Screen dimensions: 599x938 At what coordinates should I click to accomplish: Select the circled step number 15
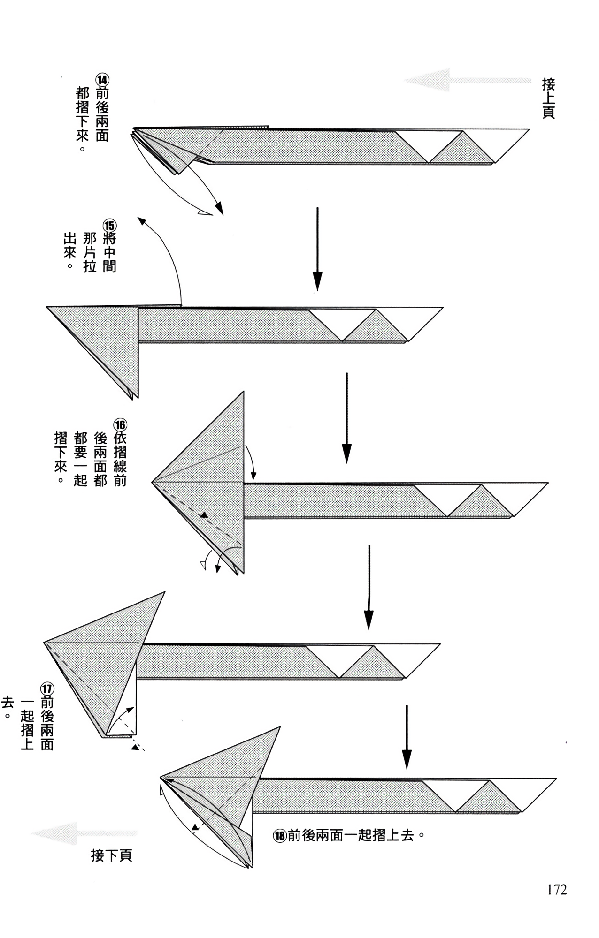coord(109,225)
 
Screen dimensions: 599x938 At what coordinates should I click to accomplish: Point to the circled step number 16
coord(120,425)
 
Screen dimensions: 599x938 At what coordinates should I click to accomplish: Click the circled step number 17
coord(47,690)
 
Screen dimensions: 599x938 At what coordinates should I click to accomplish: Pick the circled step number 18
coord(279,836)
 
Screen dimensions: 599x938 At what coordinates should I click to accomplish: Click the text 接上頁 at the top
coord(549,98)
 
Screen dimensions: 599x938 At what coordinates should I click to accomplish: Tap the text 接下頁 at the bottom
coord(112,855)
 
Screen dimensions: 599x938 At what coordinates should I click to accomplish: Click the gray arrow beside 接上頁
coord(468,80)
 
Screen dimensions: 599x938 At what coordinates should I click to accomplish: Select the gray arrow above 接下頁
coord(84,833)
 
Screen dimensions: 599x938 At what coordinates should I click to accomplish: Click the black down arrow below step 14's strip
coord(318,249)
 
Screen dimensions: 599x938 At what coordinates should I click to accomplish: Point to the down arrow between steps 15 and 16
coord(346,418)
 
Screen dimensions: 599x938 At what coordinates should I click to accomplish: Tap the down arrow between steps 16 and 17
coord(369,587)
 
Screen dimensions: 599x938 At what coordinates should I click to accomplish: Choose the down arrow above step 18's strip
coord(407,737)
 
